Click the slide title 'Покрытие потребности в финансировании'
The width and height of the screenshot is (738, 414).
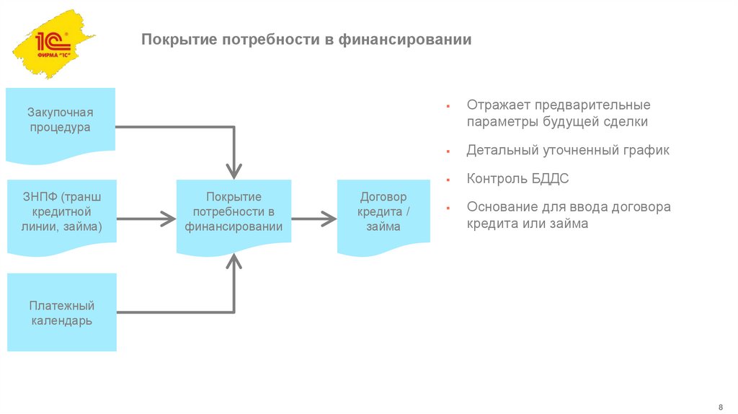(x=306, y=39)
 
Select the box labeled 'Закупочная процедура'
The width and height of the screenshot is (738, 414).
(x=61, y=120)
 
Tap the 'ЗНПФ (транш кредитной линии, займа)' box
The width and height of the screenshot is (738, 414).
(x=61, y=213)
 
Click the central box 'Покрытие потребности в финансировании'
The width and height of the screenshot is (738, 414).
(x=234, y=212)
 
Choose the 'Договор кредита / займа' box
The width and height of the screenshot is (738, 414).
(x=383, y=212)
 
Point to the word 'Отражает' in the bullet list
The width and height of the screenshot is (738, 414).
(x=492, y=105)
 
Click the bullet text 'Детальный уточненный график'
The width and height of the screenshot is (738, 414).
(x=568, y=150)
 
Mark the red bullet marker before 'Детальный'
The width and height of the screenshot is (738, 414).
(x=448, y=151)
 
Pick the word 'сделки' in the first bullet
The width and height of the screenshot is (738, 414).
(x=628, y=122)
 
